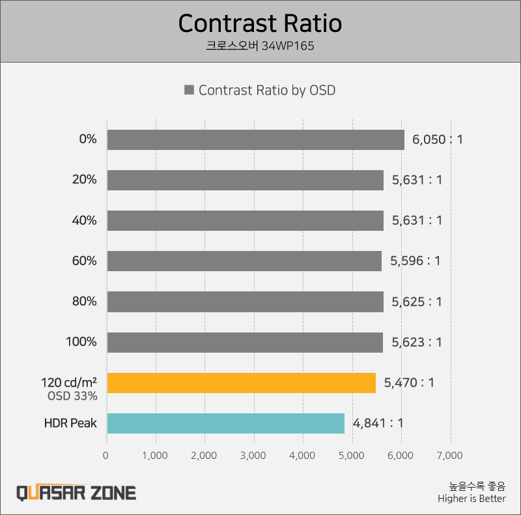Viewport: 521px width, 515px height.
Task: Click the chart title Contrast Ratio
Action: pos(260,23)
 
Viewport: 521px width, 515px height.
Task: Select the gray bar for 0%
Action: pos(255,140)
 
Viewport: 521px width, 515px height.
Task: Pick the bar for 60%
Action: pos(244,261)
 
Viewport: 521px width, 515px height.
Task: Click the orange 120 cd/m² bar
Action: pos(241,383)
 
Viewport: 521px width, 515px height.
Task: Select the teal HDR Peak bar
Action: pos(225,423)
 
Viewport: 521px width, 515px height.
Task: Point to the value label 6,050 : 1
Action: pos(437,140)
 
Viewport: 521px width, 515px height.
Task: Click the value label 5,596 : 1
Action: pos(415,261)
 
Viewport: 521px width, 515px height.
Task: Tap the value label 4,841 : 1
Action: pos(378,423)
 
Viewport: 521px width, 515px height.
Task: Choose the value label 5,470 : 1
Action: pos(409,383)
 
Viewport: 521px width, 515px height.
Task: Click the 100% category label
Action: pos(81,342)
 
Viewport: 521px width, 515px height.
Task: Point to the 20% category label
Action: pos(85,180)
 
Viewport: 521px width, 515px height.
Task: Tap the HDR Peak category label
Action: pos(70,423)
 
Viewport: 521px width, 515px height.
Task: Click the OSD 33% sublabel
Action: pos(72,396)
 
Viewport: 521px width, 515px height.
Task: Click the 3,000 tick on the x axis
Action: pos(253,455)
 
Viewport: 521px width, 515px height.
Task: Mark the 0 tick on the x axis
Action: pos(106,455)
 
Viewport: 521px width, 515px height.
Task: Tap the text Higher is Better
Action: pos(472,499)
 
